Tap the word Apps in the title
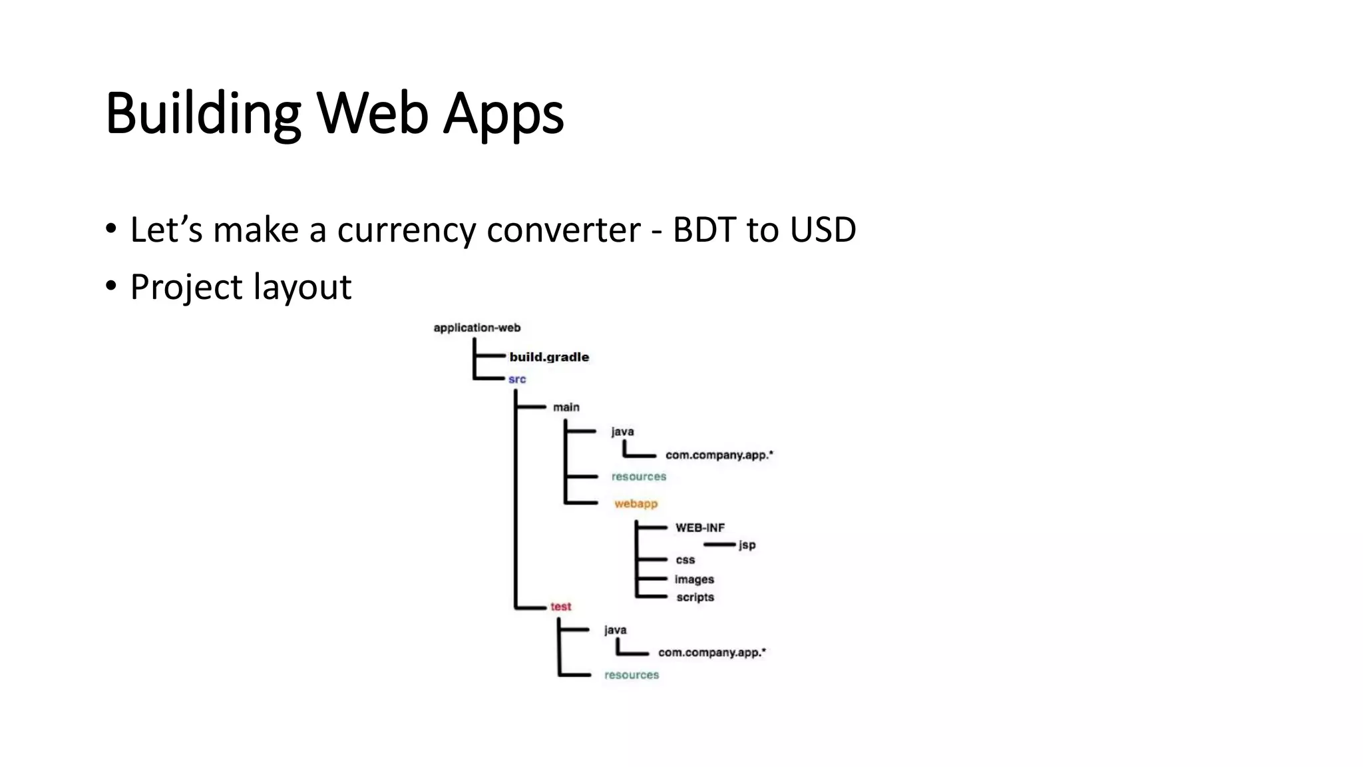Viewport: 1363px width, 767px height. click(x=503, y=115)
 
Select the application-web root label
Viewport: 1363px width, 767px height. click(x=477, y=328)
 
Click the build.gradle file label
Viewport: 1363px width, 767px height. click(x=549, y=357)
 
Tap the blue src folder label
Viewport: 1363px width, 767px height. click(x=517, y=380)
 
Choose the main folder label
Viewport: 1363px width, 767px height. click(x=566, y=407)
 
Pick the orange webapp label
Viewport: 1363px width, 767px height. click(x=636, y=503)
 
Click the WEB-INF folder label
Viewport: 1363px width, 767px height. click(x=700, y=528)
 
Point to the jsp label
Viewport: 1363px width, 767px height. click(x=747, y=545)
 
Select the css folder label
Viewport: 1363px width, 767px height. click(x=685, y=560)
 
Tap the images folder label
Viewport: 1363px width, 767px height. click(x=694, y=579)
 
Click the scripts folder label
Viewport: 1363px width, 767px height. click(x=695, y=597)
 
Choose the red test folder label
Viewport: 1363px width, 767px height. click(x=560, y=607)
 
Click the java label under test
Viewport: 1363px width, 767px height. click(x=615, y=630)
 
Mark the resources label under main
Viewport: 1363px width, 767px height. click(x=639, y=477)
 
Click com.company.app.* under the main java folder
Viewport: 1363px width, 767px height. click(x=719, y=455)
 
